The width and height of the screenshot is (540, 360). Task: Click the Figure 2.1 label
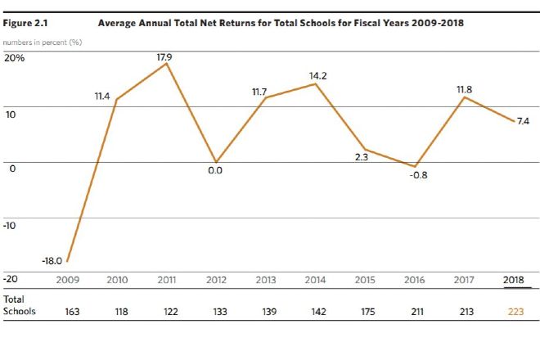(x=25, y=23)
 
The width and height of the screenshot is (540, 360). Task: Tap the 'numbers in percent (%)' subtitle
(x=42, y=42)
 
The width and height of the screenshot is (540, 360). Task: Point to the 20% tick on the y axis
(x=14, y=58)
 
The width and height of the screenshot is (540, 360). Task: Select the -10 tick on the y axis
(x=11, y=224)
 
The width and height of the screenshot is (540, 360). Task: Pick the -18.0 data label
(x=52, y=260)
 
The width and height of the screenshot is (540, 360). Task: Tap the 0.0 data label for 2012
(x=214, y=171)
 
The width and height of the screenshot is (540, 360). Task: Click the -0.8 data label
(x=418, y=175)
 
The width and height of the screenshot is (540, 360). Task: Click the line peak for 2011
(x=167, y=63)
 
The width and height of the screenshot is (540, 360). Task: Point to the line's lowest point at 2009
(x=67, y=262)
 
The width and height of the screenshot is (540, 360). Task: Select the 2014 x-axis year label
(x=315, y=281)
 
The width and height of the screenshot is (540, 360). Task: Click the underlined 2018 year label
(x=515, y=281)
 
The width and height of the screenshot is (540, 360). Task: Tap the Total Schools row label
(x=20, y=305)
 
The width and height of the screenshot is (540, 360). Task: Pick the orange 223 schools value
(x=515, y=311)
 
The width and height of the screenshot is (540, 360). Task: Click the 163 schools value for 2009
(x=72, y=311)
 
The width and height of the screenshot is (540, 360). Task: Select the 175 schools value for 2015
(x=365, y=311)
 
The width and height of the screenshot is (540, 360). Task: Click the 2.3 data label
(x=361, y=156)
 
